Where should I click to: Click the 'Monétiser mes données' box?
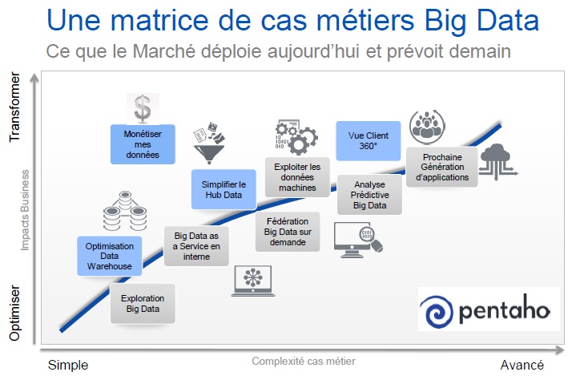[143, 143]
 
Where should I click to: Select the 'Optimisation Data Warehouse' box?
[110, 255]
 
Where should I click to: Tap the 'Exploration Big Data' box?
[143, 302]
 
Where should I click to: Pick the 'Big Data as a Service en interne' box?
[196, 245]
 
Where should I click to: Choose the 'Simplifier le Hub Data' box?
[224, 189]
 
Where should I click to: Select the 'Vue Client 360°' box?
[368, 141]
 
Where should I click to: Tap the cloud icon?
[501, 160]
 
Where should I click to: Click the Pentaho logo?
[489, 309]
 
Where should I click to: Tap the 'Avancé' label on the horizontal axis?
[522, 365]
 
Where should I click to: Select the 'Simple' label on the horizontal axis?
[68, 365]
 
